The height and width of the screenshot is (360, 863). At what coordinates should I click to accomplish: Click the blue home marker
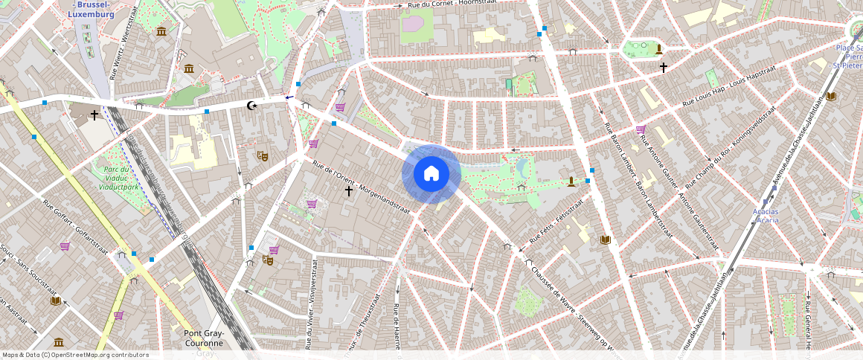431,174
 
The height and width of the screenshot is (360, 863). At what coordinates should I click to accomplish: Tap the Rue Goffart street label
77,222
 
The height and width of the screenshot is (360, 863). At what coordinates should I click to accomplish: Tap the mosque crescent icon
253,106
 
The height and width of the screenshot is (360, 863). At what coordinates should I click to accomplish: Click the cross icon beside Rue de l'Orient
348,191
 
